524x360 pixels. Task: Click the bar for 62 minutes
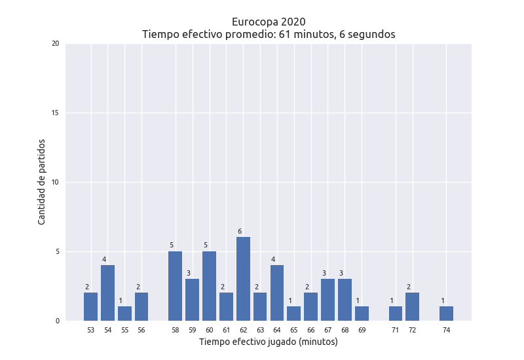(243, 279)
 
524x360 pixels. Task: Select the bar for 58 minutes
(175, 286)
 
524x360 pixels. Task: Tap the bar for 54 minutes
(107, 293)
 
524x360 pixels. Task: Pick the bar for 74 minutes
(446, 314)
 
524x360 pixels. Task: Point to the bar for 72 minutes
(412, 306)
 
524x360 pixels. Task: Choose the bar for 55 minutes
(124, 314)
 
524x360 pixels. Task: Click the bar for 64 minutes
(277, 293)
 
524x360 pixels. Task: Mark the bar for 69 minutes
(362, 314)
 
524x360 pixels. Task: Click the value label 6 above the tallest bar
(240, 231)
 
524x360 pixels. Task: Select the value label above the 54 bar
(104, 259)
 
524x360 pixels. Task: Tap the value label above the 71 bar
(392, 300)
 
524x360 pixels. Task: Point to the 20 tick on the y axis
(55, 44)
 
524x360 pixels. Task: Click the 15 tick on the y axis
(55, 113)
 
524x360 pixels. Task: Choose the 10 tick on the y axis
(55, 183)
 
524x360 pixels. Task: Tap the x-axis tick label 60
(209, 331)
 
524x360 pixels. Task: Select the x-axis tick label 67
(327, 331)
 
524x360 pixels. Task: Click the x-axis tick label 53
(90, 331)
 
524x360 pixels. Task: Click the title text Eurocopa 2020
(269, 22)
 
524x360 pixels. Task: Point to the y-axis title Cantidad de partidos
(42, 182)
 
